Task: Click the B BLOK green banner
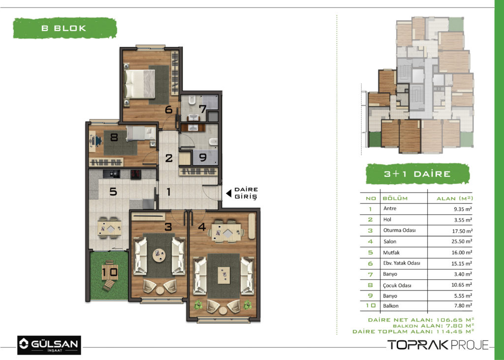click(64, 28)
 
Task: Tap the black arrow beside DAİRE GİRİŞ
click(229, 194)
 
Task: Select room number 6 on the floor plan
click(169, 110)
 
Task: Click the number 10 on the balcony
click(110, 272)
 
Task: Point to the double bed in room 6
click(139, 84)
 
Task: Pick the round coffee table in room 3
click(159, 256)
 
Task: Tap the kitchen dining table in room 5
click(110, 228)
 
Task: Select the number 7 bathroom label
click(202, 109)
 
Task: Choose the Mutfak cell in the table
click(391, 253)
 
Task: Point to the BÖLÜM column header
click(395, 198)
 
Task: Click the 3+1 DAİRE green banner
click(417, 174)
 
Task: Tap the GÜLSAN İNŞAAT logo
click(49, 345)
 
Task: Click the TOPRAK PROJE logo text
click(438, 345)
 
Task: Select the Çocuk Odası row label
click(397, 285)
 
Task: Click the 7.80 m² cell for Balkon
click(463, 306)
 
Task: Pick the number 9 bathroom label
click(202, 158)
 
